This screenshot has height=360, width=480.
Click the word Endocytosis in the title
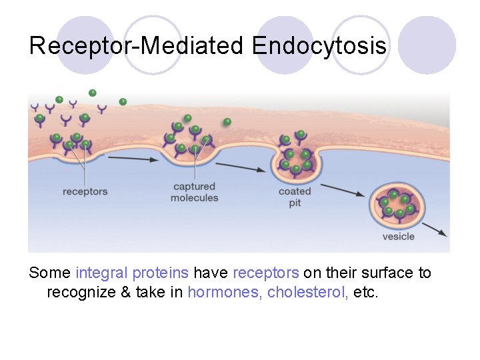319,46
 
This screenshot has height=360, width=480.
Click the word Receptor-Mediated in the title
138,46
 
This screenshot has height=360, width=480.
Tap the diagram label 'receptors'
85,192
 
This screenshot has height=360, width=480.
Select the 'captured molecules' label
194,192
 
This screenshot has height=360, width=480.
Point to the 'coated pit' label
295,197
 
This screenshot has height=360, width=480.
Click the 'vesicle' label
398,236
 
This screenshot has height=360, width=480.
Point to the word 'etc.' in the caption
365,291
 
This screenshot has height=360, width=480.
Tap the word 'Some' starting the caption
50,273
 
